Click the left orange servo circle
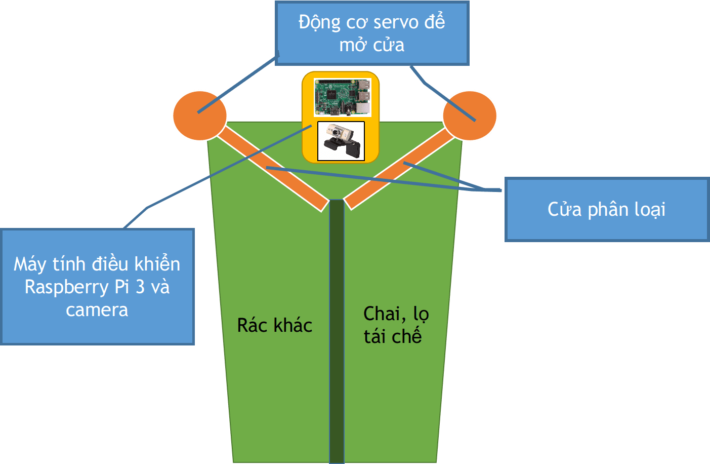pos(200,115)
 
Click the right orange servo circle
pos(470,115)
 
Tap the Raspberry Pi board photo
pos(342,97)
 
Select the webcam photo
pos(341,141)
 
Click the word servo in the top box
pos(396,22)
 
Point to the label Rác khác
pos(274,326)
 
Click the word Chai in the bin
pos(382,314)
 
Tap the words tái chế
pos(393,336)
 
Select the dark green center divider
pos(337,329)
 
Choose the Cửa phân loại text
pos(606,209)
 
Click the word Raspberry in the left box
pos(66,287)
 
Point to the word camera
pos(97,310)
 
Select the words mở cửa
pos(372,45)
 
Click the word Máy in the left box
pos(30,264)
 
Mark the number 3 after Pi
pos(140,287)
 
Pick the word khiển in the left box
pos(157,264)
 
